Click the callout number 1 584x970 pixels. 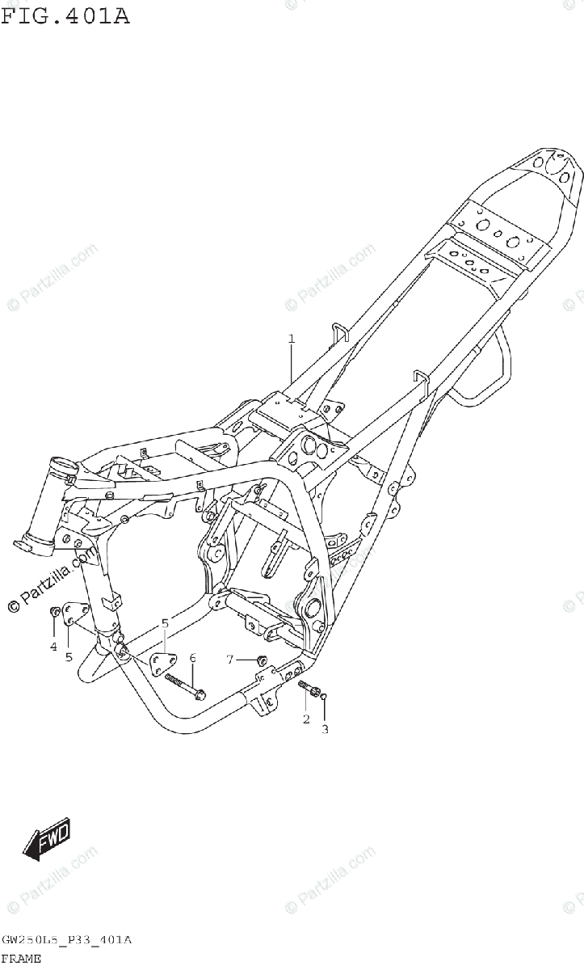click(x=292, y=339)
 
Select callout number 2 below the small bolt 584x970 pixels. click(x=306, y=719)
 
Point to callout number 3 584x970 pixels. click(x=325, y=730)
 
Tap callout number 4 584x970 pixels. click(x=53, y=646)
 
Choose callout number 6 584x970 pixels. click(x=192, y=658)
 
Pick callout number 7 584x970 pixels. click(x=229, y=660)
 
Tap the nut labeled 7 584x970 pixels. click(x=261, y=661)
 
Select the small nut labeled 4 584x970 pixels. click(x=55, y=610)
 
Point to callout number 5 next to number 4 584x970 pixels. click(x=69, y=656)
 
